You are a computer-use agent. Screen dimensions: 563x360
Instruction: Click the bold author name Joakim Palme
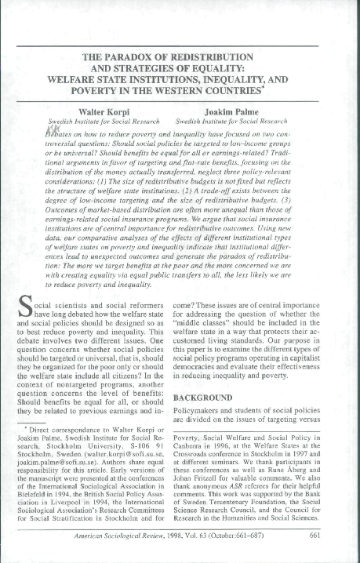tap(256, 112)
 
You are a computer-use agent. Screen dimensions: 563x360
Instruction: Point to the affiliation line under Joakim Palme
tap(256, 122)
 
